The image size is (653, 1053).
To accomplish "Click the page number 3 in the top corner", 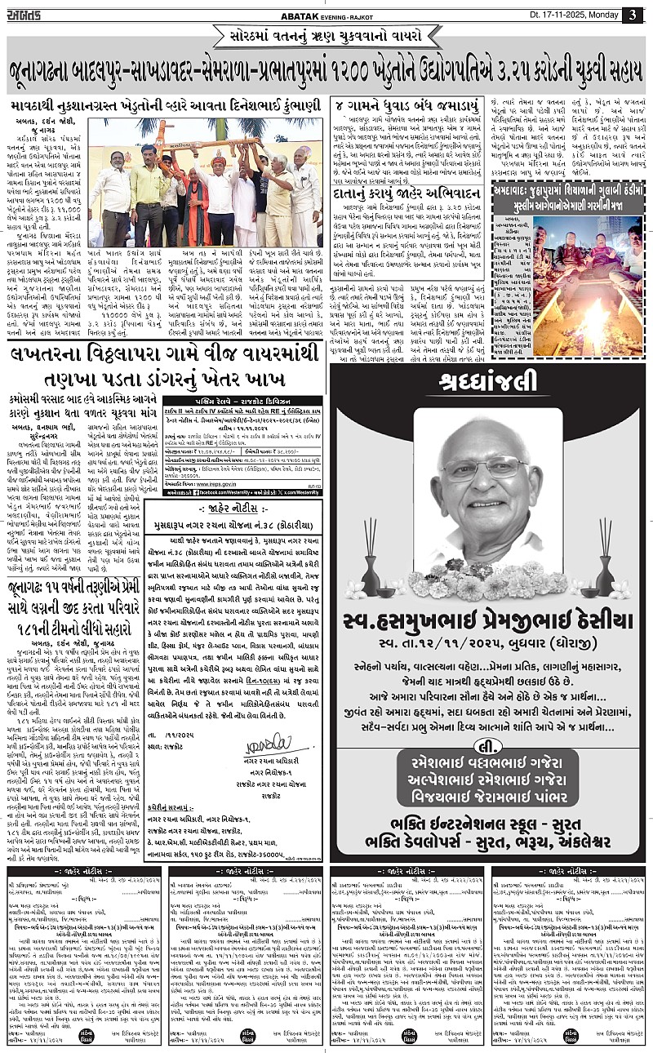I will click(632, 15).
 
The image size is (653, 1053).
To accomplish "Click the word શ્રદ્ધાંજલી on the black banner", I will click(488, 380).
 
